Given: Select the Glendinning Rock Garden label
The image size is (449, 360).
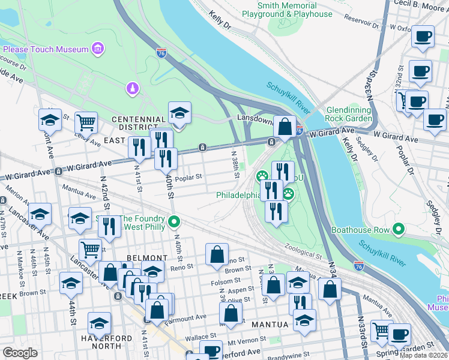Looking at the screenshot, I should tap(349, 114).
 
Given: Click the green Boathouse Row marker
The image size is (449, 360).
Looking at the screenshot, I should tap(397, 229).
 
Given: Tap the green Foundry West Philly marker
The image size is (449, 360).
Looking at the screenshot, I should tap(174, 223).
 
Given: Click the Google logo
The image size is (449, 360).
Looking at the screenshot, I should tap(20, 353).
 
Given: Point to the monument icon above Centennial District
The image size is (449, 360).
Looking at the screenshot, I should tap(131, 89).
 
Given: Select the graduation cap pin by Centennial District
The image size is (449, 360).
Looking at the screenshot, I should tap(179, 112).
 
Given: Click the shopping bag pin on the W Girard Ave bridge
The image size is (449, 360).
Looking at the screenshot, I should tap(285, 127).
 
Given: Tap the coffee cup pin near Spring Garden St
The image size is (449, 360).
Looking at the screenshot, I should tap(399, 334).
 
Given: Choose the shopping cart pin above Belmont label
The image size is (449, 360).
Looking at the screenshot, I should tap(90, 248).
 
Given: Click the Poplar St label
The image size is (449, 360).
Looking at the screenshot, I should tap(190, 178).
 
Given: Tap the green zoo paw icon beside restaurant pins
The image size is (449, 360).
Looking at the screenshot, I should tap(262, 176).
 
